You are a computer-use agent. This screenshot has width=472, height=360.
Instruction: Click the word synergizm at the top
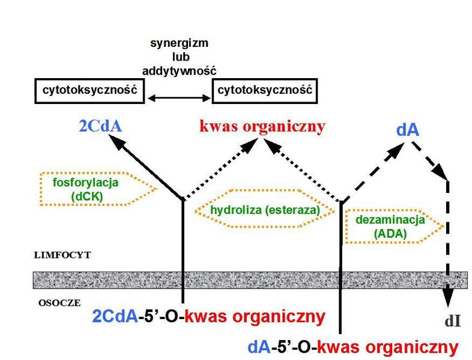[x=179, y=44]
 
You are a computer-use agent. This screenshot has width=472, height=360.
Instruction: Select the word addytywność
[x=179, y=71]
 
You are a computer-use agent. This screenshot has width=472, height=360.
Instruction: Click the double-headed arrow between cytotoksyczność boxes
[x=179, y=98]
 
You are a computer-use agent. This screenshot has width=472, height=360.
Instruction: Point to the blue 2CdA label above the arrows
[x=100, y=127]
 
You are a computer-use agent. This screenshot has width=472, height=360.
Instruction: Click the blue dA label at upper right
[x=408, y=130]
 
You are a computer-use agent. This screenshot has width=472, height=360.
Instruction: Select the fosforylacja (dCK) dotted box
[x=98, y=173]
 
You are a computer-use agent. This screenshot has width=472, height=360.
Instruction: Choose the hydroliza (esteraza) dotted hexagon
[x=265, y=191]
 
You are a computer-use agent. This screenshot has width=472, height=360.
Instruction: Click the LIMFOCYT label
[x=62, y=255]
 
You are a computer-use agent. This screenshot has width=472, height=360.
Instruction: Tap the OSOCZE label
[x=59, y=303]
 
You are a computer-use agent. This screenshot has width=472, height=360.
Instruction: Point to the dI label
[x=453, y=322]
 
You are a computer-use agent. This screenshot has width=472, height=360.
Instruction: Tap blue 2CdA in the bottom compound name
[x=115, y=317]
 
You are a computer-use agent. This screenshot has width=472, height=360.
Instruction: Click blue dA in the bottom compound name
[x=259, y=347]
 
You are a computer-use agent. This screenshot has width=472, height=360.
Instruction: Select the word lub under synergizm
[x=181, y=57]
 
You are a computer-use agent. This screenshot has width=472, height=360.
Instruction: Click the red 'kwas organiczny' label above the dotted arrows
[x=262, y=127]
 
